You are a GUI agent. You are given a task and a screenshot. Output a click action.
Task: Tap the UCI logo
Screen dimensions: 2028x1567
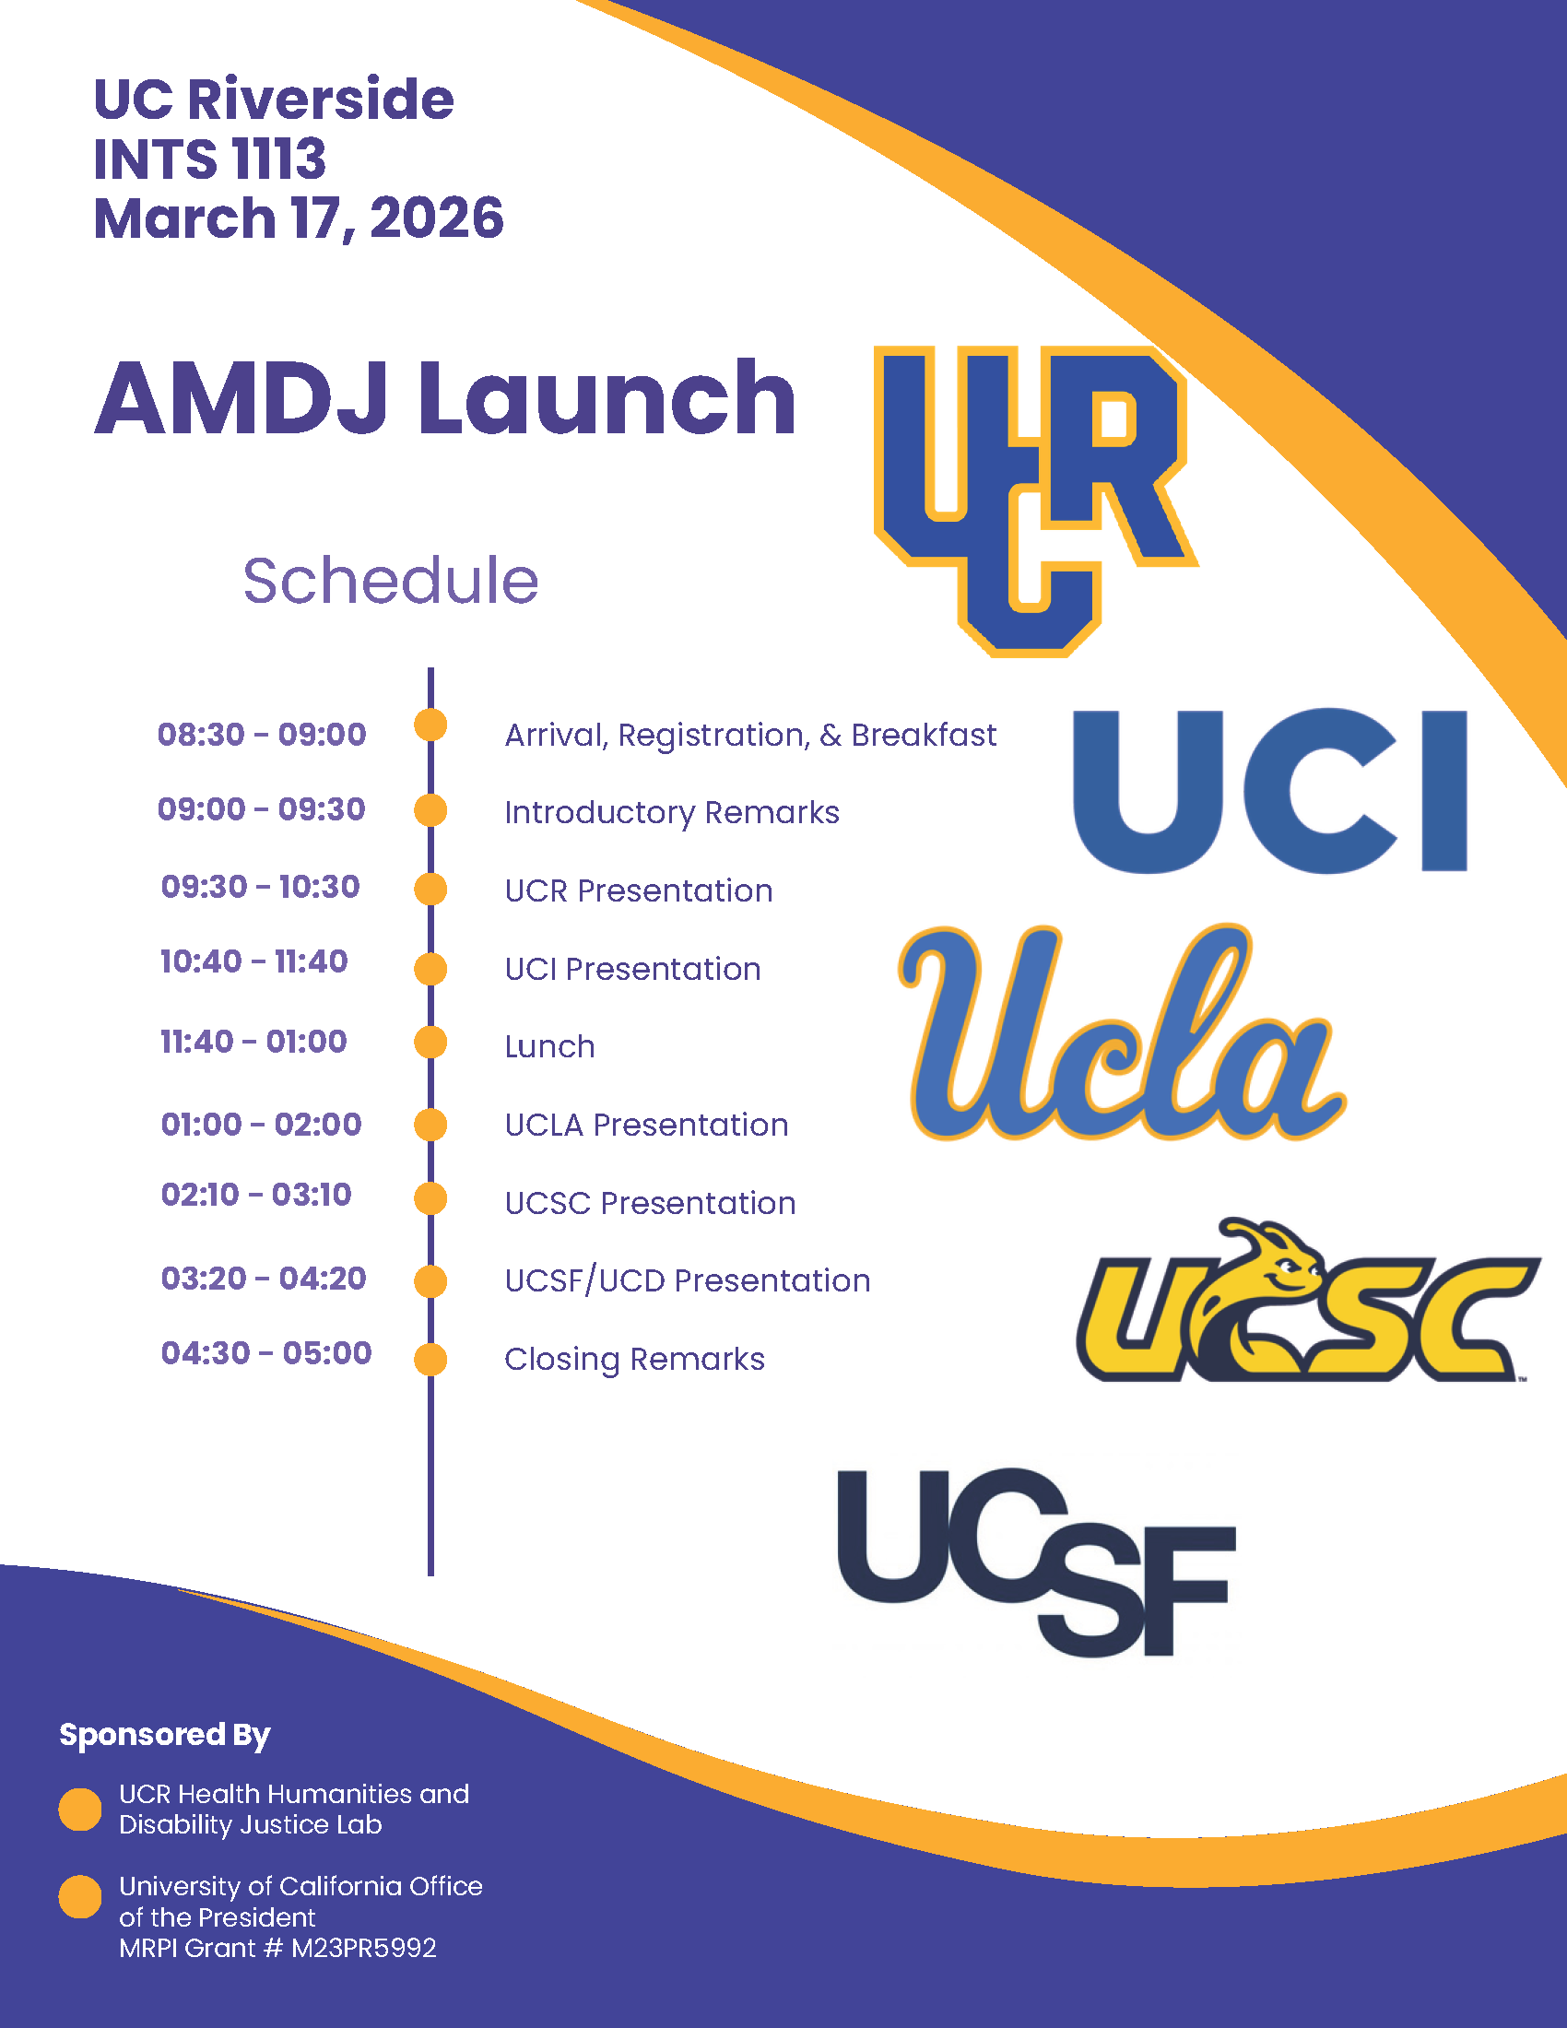(1269, 790)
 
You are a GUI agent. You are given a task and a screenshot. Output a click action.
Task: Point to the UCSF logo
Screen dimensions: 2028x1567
(1035, 1560)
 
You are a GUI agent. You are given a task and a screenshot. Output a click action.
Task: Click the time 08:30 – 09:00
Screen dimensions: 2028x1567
(262, 735)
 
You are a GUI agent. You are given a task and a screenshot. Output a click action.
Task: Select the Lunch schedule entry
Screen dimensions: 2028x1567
(549, 1046)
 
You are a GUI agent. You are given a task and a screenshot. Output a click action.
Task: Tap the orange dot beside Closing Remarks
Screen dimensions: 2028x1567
(430, 1359)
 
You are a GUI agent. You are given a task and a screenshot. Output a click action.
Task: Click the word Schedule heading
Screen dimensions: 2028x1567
(391, 582)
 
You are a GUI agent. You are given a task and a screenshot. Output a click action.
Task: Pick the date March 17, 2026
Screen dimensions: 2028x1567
(298, 218)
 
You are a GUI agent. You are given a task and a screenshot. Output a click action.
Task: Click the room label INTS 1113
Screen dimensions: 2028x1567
(210, 159)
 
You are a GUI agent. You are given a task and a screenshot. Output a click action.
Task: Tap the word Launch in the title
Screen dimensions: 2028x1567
(607, 399)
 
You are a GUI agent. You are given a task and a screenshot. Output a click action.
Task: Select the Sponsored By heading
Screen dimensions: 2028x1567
(165, 1734)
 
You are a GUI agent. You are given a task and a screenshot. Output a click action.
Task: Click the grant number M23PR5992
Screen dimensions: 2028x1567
(364, 1947)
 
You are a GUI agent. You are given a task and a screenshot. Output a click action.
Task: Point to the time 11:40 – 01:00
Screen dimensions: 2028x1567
(253, 1042)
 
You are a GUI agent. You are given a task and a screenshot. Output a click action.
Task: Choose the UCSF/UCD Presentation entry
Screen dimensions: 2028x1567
(687, 1280)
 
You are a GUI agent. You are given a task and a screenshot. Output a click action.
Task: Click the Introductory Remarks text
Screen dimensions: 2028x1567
(671, 812)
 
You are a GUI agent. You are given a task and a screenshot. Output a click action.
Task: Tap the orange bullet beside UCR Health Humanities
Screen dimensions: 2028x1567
(80, 1809)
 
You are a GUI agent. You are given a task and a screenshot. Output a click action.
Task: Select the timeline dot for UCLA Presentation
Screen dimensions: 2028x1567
(430, 1125)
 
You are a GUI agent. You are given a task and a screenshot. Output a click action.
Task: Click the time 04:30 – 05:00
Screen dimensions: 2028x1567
(266, 1353)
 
